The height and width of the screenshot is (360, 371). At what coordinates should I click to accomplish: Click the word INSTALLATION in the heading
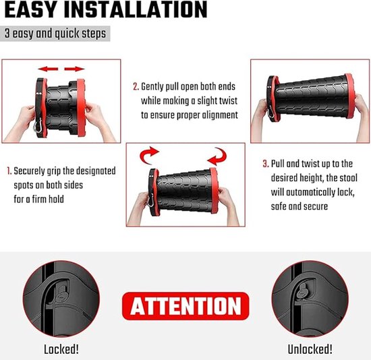coord(136,9)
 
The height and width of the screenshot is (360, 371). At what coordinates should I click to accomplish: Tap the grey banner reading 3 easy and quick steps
coord(55,34)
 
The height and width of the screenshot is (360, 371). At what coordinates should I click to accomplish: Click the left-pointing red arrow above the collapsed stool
coord(48,69)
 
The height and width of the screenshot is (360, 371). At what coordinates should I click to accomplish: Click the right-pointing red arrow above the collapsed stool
coord(74,69)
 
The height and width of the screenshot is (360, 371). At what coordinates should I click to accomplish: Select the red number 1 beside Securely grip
coord(9,171)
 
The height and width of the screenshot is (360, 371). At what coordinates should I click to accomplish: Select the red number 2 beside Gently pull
coord(136,87)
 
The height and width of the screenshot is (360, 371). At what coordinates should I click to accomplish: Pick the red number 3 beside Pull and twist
coord(266,164)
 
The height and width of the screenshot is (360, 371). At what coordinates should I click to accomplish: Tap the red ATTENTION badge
coord(185,306)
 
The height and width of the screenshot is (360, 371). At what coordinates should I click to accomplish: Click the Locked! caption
coord(61,349)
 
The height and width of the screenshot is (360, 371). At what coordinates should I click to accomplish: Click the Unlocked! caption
coord(310,349)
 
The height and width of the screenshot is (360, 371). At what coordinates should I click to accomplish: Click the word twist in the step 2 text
coord(228,101)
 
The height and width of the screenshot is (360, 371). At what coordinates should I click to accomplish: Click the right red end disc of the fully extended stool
coord(349,96)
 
